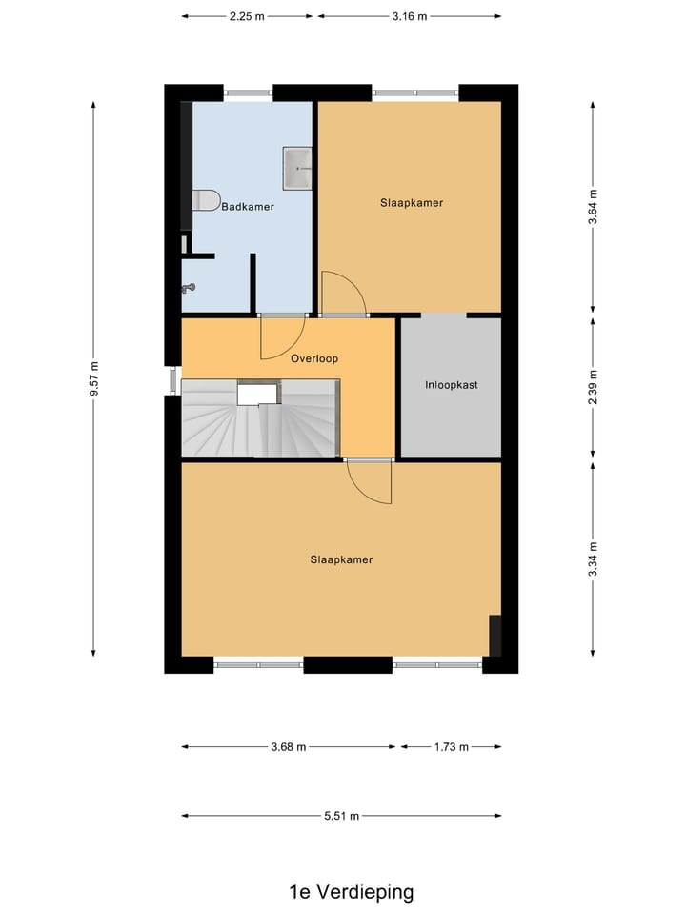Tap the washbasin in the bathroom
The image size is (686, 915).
click(x=297, y=168)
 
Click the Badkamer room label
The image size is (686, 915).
click(x=248, y=206)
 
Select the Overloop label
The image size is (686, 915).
click(x=314, y=358)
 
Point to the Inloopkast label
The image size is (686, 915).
click(x=451, y=386)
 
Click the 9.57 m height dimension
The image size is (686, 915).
click(x=93, y=378)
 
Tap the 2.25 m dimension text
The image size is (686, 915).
click(x=247, y=16)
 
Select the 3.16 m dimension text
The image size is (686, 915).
click(x=409, y=16)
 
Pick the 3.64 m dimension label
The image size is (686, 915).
click(x=593, y=207)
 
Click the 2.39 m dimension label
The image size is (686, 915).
click(x=593, y=387)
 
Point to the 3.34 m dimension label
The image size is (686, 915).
click(x=593, y=559)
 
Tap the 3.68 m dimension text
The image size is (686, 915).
click(x=288, y=747)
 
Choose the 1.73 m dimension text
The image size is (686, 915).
click(x=451, y=747)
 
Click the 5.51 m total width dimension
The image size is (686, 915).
click(x=341, y=816)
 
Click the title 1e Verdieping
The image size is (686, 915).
click(x=352, y=892)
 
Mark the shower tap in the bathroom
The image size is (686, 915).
click(x=190, y=287)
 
